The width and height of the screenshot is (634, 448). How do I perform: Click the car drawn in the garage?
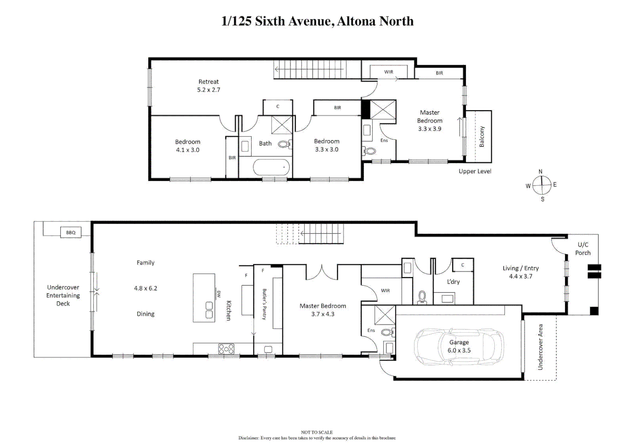(459, 347)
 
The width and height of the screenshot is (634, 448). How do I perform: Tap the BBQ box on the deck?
(71, 232)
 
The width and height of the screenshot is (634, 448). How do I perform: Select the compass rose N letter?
(540, 172)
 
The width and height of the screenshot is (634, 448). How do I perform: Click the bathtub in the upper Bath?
(271, 168)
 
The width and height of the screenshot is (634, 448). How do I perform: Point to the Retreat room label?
(208, 82)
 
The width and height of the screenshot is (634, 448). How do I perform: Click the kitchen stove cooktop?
(226, 349)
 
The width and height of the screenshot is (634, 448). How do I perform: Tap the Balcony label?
(482, 137)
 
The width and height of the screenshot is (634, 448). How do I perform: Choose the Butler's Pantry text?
(264, 304)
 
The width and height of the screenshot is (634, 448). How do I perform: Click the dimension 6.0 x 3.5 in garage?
(459, 351)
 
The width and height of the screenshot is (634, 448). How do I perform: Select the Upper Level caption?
(475, 171)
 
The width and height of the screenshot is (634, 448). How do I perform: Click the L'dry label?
(453, 282)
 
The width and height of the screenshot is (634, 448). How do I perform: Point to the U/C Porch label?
(583, 248)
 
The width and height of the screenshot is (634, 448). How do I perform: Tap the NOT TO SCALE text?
(317, 432)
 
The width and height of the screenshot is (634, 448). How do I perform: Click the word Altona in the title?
(354, 21)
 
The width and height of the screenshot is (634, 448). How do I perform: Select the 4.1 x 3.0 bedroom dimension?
(188, 150)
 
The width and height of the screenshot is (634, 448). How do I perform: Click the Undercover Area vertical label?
(540, 347)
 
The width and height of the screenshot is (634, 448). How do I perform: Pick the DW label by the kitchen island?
(219, 294)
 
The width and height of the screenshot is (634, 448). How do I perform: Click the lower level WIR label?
(385, 290)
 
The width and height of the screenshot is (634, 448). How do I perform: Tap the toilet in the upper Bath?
(284, 144)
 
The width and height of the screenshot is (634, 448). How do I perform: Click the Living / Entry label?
(520, 268)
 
